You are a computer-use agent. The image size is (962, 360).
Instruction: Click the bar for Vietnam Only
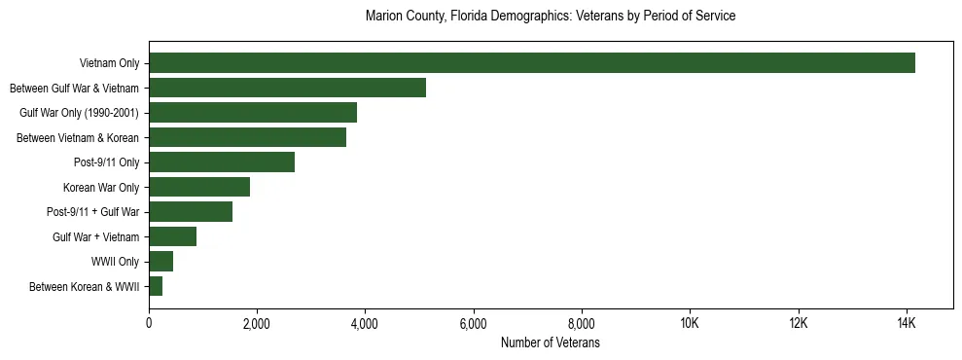532,63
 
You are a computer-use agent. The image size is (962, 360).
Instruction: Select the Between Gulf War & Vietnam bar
287,88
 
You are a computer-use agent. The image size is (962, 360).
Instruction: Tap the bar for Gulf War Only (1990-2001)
253,113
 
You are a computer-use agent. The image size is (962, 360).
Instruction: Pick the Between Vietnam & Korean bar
247,137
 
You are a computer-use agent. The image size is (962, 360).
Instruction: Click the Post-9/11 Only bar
222,162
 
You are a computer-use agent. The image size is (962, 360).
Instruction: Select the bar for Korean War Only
199,187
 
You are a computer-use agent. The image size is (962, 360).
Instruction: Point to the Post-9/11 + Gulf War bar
191,212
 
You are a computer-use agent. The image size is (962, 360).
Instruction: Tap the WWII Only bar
160,262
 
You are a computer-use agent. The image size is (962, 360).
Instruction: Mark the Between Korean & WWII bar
156,286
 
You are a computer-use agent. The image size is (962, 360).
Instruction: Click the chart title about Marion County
551,17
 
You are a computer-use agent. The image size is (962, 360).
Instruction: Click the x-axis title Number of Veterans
551,343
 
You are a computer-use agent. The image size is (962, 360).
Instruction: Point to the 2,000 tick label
257,324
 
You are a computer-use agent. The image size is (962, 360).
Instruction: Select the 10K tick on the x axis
690,324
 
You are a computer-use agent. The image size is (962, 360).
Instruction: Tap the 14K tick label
906,324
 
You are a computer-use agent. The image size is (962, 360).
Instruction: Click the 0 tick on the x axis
149,324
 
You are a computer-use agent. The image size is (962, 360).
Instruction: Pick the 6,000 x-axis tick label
473,324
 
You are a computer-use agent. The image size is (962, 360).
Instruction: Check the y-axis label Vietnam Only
109,63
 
